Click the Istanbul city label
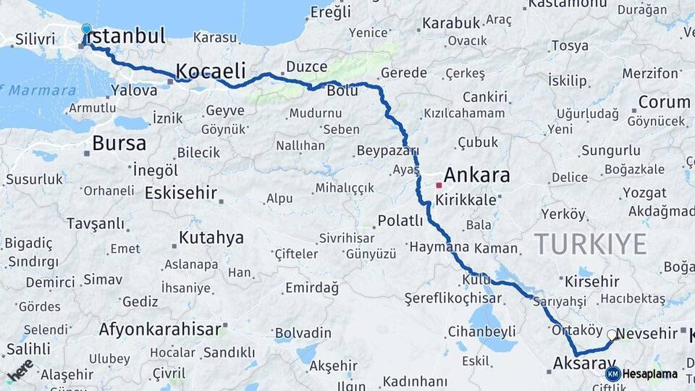(127, 35)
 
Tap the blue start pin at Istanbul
(87, 30)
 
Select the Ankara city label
(476, 175)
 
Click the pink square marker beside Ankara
(439, 185)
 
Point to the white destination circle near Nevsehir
(612, 335)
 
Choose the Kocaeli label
(211, 71)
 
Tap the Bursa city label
(119, 143)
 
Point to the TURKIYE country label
(590, 244)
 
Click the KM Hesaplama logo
(641, 374)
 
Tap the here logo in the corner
(20, 370)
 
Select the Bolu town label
(342, 92)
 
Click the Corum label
(663, 102)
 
